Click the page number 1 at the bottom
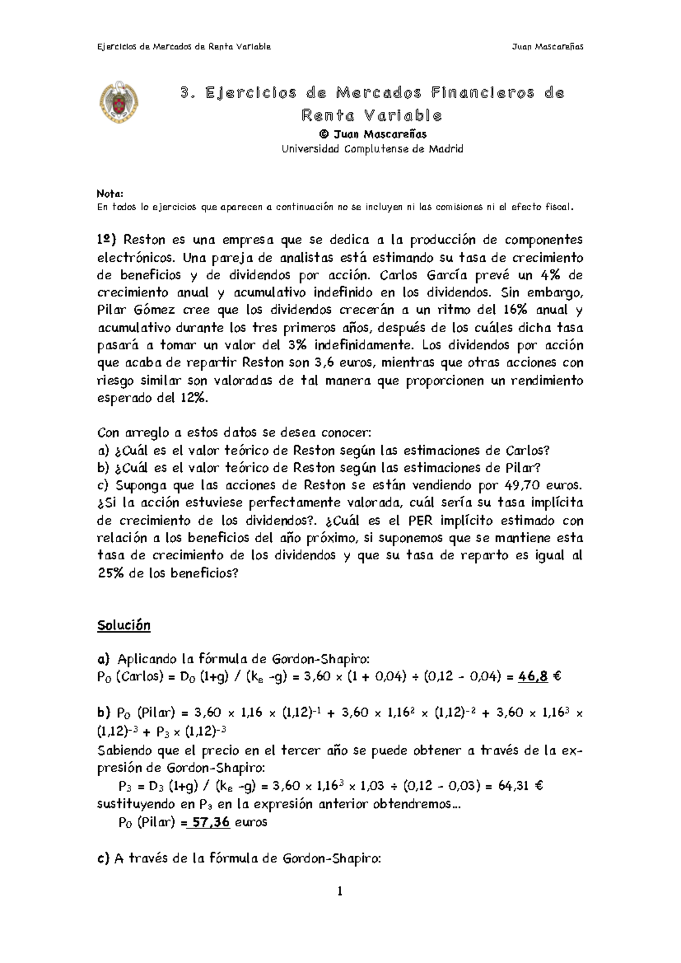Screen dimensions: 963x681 click(340, 891)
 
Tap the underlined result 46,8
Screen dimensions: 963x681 click(533, 676)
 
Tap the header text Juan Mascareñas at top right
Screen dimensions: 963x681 click(547, 47)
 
